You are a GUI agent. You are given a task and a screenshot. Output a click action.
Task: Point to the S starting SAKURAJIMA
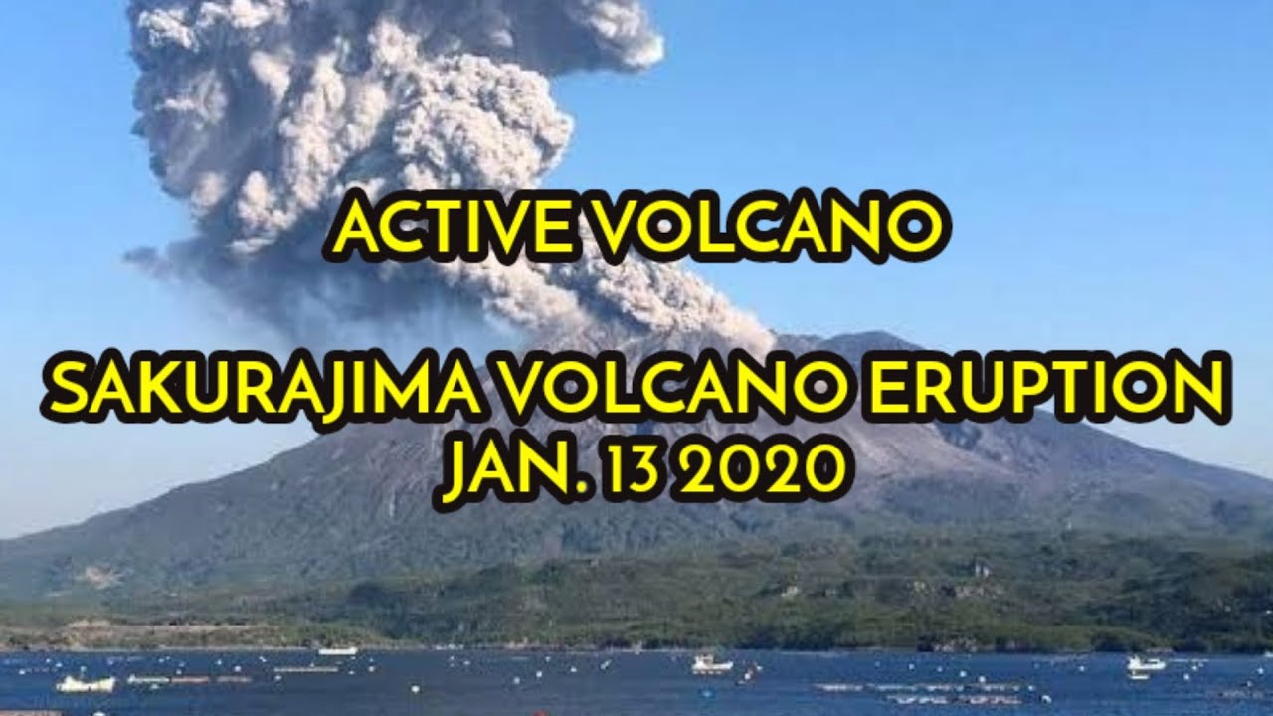(70, 391)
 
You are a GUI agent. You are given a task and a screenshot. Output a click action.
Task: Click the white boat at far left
(86, 684)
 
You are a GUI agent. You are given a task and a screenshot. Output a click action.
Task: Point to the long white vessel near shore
(337, 650)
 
